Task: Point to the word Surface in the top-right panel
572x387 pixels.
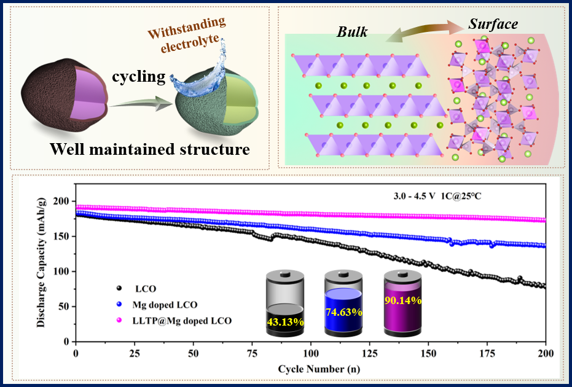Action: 493,25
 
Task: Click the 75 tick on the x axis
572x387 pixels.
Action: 252,354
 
